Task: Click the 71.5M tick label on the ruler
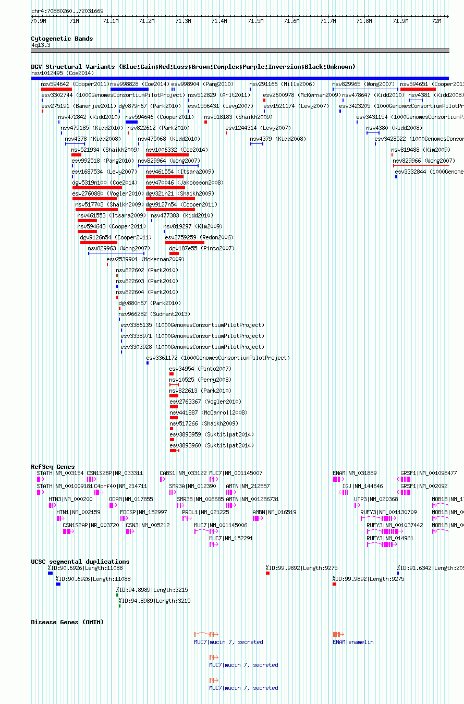click(x=255, y=21)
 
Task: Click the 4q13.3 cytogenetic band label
click(x=41, y=45)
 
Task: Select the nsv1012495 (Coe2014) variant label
click(x=62, y=73)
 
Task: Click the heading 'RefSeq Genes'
click(x=53, y=467)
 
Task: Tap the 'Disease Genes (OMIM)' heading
click(x=67, y=622)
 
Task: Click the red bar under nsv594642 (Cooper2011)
click(x=56, y=89)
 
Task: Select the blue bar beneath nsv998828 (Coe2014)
click(x=129, y=89)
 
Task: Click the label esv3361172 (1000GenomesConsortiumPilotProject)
click(x=218, y=358)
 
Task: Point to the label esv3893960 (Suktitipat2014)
click(x=212, y=445)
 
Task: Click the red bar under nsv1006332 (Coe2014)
click(x=167, y=155)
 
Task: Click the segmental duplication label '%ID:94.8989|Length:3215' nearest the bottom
click(x=154, y=601)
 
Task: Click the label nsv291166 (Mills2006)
click(x=274, y=84)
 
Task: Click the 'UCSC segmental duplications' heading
click(x=80, y=562)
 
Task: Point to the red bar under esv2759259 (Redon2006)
click(x=185, y=242)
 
